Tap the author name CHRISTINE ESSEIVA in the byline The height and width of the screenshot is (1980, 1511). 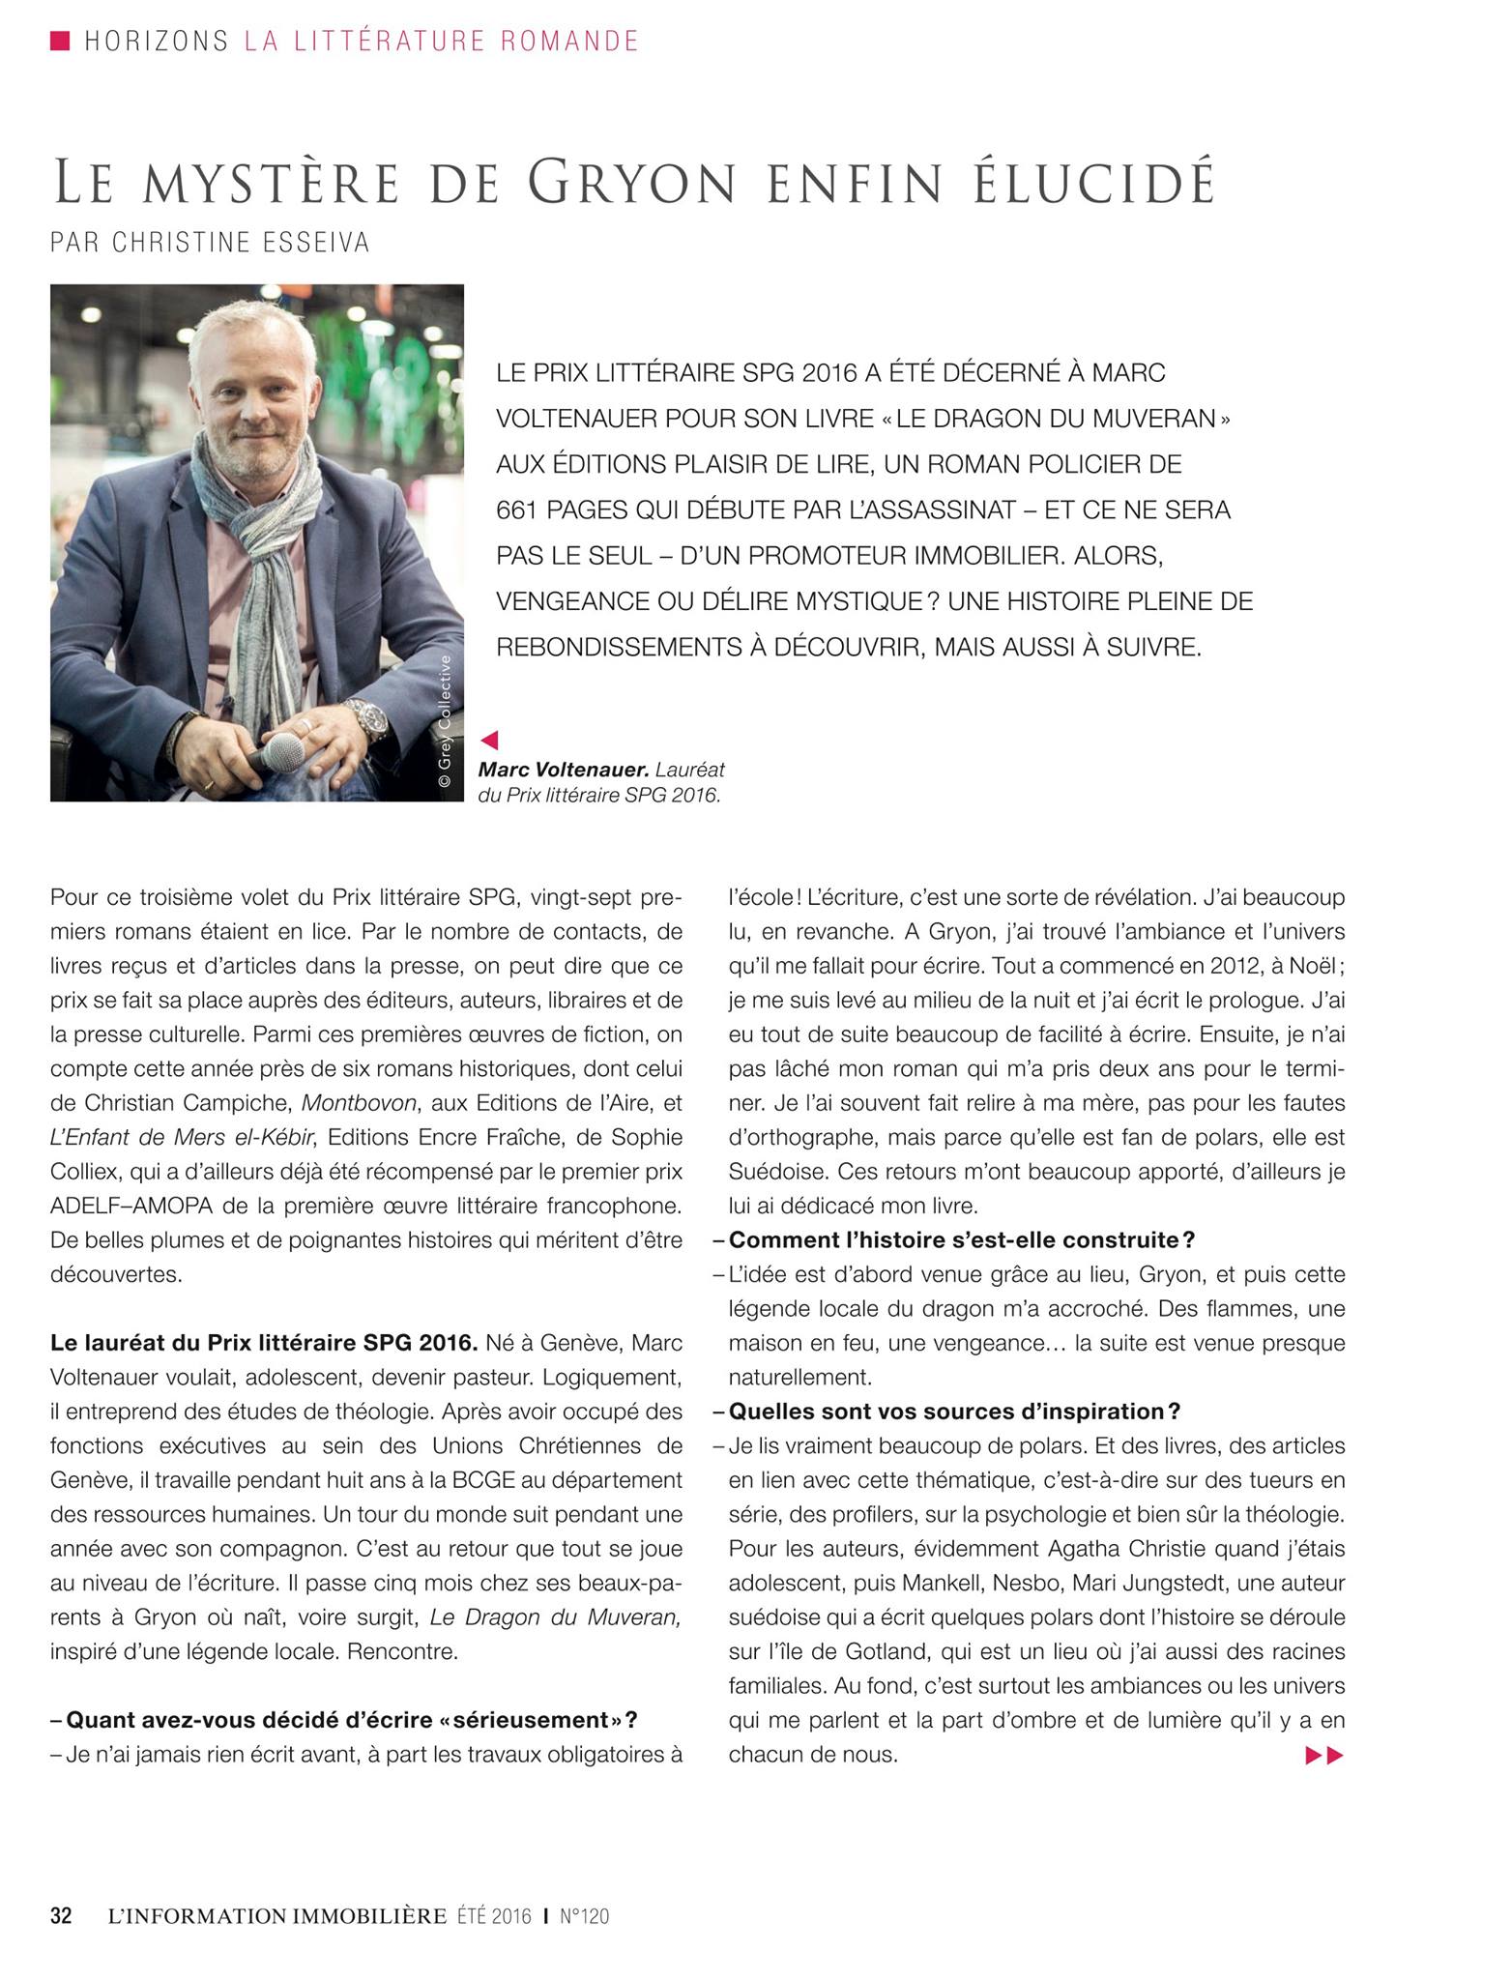coord(242,243)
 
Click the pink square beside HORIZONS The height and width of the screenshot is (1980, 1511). coord(60,41)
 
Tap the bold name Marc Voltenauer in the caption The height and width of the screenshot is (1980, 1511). coord(563,771)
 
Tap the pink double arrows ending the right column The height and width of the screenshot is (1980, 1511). coord(1324,1755)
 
